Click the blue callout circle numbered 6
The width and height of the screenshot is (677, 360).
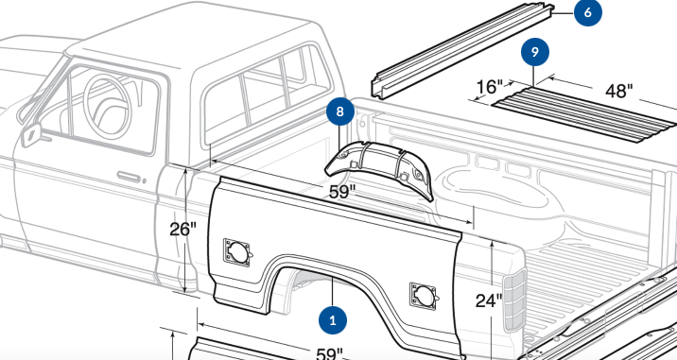pyautogui.click(x=587, y=12)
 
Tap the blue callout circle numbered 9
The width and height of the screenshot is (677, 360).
pyautogui.click(x=535, y=52)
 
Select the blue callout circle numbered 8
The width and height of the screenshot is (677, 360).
pyautogui.click(x=340, y=111)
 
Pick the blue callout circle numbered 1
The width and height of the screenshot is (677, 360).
pyautogui.click(x=333, y=320)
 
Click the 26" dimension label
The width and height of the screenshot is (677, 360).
pyautogui.click(x=182, y=229)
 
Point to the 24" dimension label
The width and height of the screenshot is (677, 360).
pyautogui.click(x=489, y=300)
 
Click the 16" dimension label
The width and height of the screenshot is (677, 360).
pyautogui.click(x=489, y=87)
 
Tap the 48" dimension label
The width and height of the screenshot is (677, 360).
pyautogui.click(x=619, y=91)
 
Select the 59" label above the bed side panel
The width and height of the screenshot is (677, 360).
pyautogui.click(x=342, y=192)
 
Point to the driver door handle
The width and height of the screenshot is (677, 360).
pyautogui.click(x=129, y=177)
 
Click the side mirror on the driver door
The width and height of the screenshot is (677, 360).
pyautogui.click(x=31, y=135)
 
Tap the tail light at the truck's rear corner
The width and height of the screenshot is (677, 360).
pyautogui.click(x=514, y=300)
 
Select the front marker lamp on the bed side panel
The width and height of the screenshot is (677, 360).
pyautogui.click(x=236, y=252)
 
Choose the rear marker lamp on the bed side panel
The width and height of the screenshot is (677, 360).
pyautogui.click(x=424, y=296)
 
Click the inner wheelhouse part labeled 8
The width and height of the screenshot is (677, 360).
pyautogui.click(x=379, y=168)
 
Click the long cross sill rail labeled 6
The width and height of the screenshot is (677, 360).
pyautogui.click(x=463, y=50)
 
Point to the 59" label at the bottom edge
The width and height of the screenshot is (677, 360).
pyautogui.click(x=329, y=354)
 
